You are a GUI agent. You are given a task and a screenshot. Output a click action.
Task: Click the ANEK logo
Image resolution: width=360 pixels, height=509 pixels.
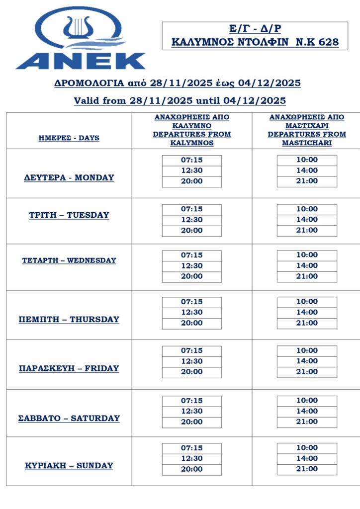[x=81, y=39]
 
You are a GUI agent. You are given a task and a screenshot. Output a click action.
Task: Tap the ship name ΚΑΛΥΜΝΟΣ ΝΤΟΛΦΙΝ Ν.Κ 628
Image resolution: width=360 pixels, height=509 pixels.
[x=255, y=42]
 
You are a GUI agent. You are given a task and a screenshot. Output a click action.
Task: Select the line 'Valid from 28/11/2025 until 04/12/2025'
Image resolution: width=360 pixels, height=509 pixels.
[x=180, y=101]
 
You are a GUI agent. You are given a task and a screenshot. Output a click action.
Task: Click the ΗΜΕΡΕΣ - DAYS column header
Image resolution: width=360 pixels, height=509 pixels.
[x=69, y=138]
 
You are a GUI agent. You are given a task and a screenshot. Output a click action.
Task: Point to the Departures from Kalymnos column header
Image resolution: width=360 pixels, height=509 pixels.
[x=192, y=130]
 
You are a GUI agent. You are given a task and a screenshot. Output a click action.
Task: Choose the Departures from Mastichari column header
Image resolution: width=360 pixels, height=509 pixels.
[x=307, y=130]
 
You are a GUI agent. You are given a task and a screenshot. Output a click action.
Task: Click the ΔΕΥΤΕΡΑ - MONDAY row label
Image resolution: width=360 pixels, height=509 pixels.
[x=69, y=177]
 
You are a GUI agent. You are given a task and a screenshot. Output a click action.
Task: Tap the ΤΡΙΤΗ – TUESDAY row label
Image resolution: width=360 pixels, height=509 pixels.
[x=69, y=215]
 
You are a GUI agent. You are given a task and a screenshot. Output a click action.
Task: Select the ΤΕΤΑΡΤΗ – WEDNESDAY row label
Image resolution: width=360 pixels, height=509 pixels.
[x=69, y=260]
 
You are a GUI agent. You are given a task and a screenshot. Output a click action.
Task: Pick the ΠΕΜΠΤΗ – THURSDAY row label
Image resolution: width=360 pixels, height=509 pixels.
[x=69, y=319]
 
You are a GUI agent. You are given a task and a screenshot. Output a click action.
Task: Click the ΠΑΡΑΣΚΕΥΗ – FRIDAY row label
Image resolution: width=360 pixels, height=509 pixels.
[x=69, y=368]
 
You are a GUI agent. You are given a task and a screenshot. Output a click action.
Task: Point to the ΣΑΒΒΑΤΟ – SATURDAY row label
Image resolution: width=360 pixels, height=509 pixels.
[x=69, y=418]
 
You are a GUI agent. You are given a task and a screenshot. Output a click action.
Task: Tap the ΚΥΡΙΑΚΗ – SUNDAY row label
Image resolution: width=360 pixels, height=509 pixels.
[x=69, y=466]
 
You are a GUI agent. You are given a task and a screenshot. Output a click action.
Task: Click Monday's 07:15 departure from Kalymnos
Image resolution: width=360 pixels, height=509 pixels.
[x=192, y=160]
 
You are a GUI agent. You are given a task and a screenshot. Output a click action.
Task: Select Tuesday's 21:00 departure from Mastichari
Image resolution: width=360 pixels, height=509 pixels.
[x=307, y=230]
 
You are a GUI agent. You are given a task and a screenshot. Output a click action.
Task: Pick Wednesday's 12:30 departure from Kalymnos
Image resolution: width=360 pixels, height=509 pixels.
[x=192, y=266]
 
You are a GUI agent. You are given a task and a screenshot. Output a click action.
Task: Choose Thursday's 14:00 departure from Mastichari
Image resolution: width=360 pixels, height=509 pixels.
[x=307, y=312]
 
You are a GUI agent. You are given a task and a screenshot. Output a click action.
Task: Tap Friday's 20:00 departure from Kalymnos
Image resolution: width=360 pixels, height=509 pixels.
[x=192, y=372]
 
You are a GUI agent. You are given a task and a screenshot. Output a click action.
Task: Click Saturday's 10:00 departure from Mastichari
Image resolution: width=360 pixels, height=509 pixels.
[x=307, y=401]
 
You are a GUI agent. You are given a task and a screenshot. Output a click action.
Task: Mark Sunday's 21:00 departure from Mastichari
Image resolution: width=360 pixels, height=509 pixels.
[x=307, y=469]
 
